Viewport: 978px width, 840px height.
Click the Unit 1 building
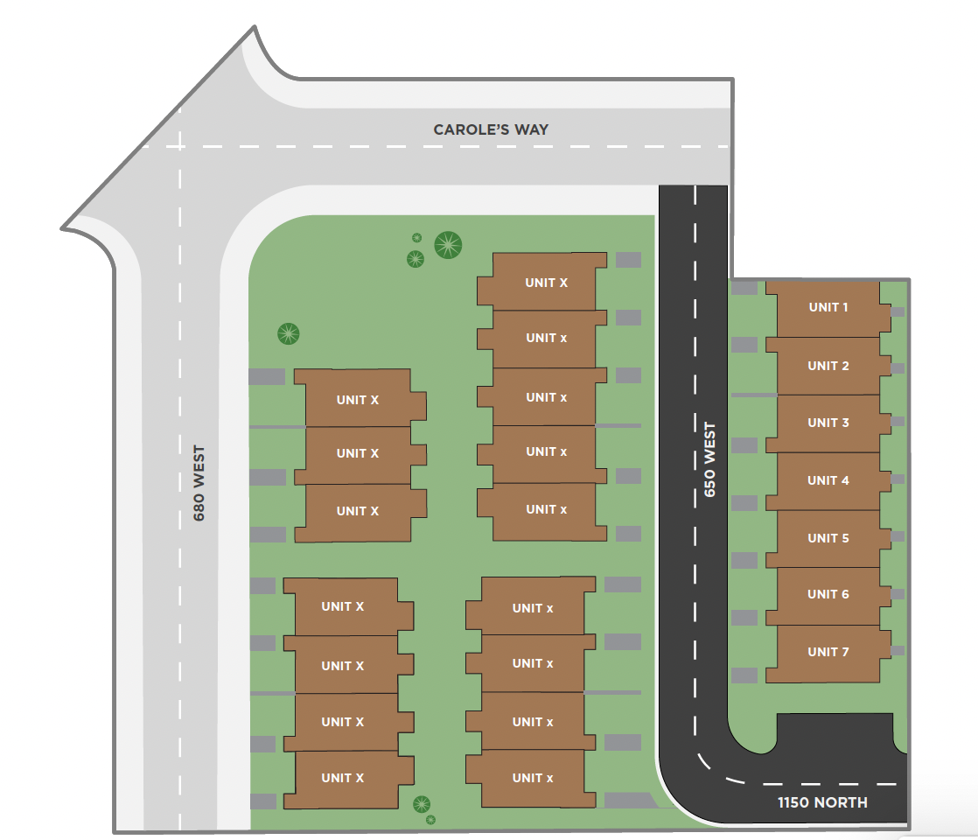(828, 308)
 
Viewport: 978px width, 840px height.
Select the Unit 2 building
(828, 366)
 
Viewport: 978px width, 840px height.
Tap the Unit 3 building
(828, 423)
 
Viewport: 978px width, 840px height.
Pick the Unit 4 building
(828, 480)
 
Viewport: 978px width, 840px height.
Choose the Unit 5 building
(828, 538)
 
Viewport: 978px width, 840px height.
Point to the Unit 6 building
(828, 595)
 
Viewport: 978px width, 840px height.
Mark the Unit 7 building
(828, 653)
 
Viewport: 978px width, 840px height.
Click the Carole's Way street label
(491, 129)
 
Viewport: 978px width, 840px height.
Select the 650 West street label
(709, 460)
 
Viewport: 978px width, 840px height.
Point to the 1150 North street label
(822, 802)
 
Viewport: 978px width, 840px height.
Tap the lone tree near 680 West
(289, 333)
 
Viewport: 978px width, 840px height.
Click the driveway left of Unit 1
(744, 287)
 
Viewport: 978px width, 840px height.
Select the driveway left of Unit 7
(744, 675)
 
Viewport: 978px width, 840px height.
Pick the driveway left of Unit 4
(744, 503)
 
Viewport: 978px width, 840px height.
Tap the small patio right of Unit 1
(898, 311)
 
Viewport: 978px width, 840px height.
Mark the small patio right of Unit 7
(898, 651)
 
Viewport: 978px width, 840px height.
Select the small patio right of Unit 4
(898, 479)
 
